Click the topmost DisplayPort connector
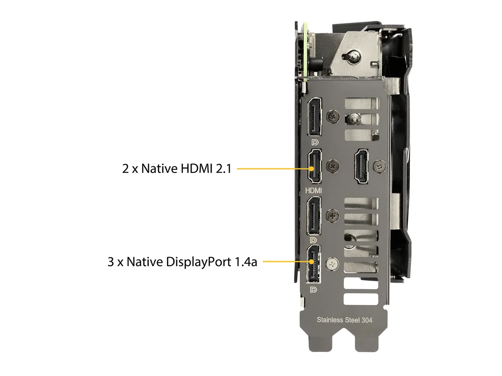(x=314, y=117)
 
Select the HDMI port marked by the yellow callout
(x=314, y=166)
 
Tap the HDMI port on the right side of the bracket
(x=361, y=166)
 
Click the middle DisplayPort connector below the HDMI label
(x=314, y=216)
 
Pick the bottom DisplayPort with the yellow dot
(x=313, y=264)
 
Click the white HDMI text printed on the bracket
(x=313, y=191)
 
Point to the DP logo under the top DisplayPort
(x=315, y=142)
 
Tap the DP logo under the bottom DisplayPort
(x=314, y=290)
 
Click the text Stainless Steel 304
(x=344, y=320)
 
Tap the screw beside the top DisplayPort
(x=333, y=117)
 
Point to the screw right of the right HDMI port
(x=380, y=166)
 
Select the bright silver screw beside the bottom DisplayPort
(x=332, y=264)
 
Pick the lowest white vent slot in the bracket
(x=361, y=299)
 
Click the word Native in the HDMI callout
(x=159, y=169)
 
